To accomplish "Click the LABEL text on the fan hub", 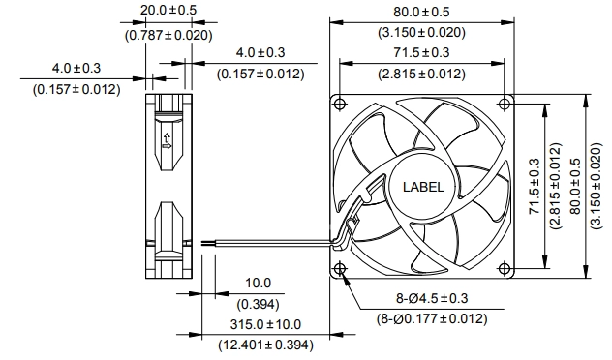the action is coord(423,187).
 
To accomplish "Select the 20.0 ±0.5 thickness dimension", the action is coord(168,10).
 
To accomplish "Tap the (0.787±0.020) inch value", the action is coord(168,35).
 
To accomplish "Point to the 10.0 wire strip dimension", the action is coord(258,283).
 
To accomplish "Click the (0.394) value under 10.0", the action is coord(258,304).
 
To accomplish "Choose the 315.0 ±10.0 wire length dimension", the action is coord(265,324).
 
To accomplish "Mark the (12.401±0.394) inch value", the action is coord(265,345).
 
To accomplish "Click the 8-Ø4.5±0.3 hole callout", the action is coord(432,298).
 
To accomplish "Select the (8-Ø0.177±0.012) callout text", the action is coord(432,319).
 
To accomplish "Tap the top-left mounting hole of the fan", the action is coord(340,104).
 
